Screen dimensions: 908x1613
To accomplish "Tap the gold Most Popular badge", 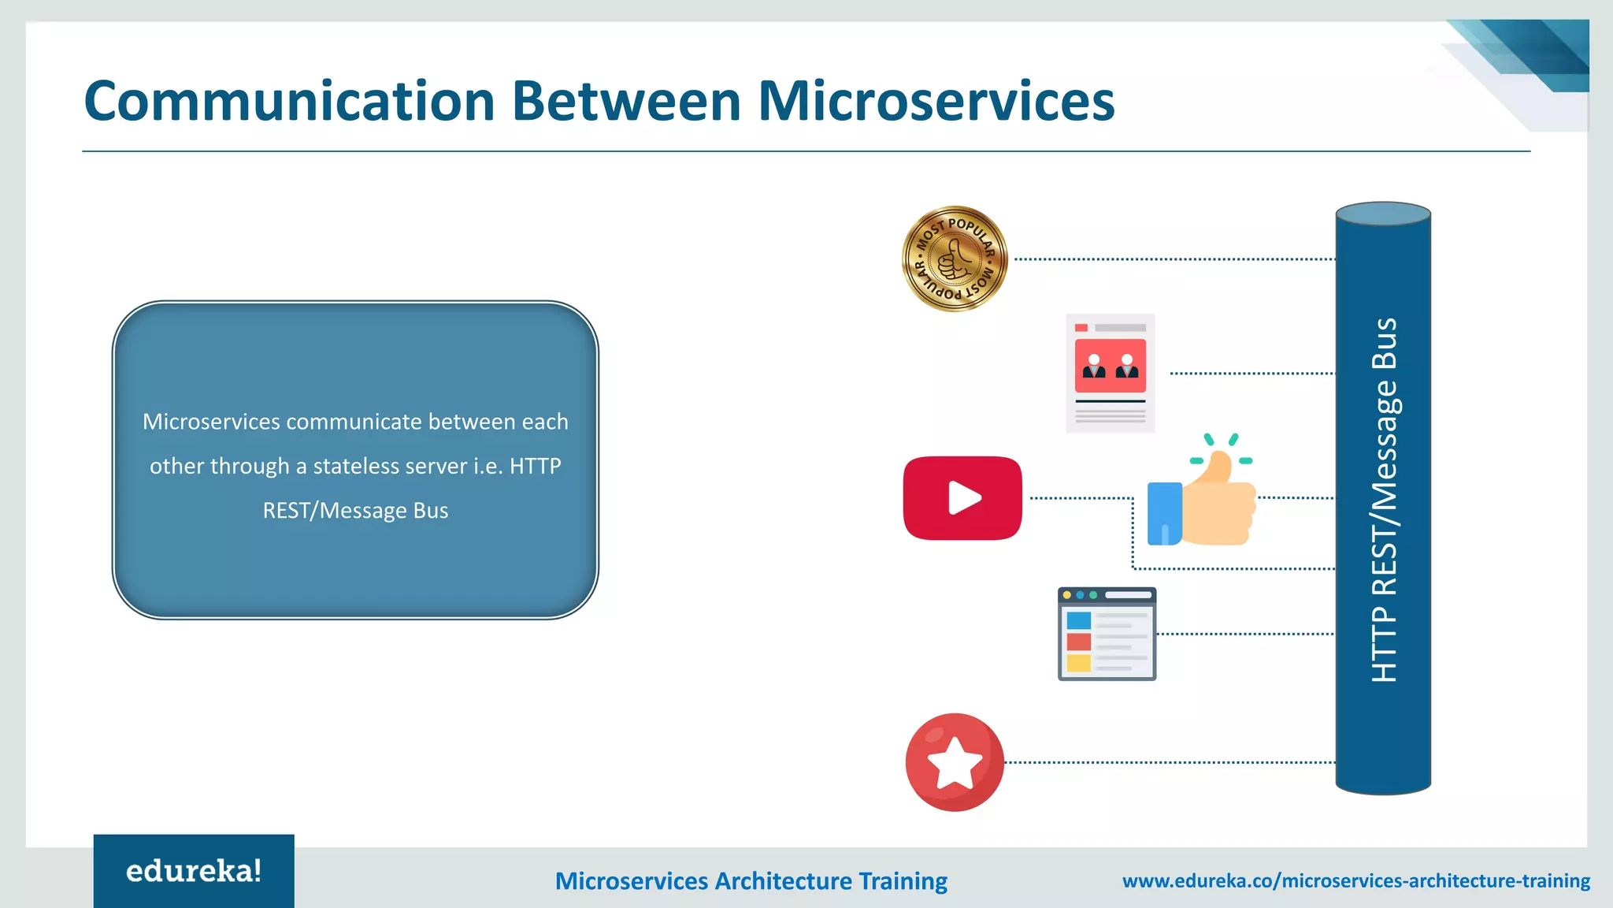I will click(x=955, y=259).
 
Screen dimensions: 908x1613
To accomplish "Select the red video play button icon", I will click(x=962, y=498).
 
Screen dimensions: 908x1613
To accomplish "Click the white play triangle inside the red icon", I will click(x=964, y=498).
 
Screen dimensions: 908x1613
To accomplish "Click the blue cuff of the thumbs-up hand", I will click(x=1164, y=514).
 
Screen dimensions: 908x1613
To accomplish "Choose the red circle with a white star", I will click(x=955, y=762).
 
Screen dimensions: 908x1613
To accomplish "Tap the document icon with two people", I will click(x=1110, y=373).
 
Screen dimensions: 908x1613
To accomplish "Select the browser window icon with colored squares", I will click(x=1107, y=634).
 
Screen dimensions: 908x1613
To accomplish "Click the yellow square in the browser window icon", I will click(x=1078, y=663).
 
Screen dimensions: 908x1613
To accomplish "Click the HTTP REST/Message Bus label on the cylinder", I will click(x=1384, y=501).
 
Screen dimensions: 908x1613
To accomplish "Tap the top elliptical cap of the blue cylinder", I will click(x=1383, y=214).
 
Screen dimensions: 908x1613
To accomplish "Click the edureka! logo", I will click(x=194, y=871).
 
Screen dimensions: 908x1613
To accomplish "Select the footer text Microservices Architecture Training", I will click(x=751, y=880).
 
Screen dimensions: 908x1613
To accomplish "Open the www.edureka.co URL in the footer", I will click(x=1355, y=880).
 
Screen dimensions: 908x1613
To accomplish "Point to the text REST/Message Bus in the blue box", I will click(x=355, y=511).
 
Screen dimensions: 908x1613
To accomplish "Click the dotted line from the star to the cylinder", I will click(x=1170, y=762).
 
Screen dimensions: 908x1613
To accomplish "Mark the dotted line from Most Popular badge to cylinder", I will click(x=1174, y=259).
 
